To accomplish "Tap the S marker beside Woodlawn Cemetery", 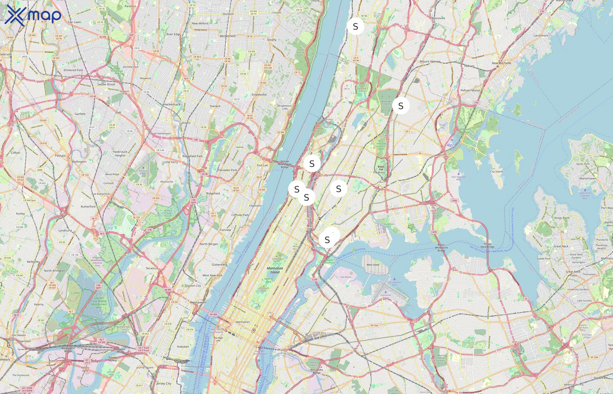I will (401, 106).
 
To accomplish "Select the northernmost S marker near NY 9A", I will (355, 26).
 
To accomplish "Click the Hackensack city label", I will (172, 104).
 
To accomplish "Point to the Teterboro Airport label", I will (143, 172).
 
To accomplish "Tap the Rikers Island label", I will (373, 265).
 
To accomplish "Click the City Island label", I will (496, 171).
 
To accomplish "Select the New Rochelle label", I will (501, 63).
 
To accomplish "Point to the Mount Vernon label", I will (430, 62).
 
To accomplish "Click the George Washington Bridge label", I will (284, 164).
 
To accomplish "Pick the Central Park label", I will (268, 280).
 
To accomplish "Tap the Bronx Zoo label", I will (381, 168).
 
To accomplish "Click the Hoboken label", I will (183, 347).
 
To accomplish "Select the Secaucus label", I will (152, 268).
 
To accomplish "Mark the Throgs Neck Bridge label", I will (487, 245).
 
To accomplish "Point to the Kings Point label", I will (562, 218).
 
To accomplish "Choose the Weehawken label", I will (198, 303).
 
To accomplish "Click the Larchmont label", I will (541, 35).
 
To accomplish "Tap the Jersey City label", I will (164, 383).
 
